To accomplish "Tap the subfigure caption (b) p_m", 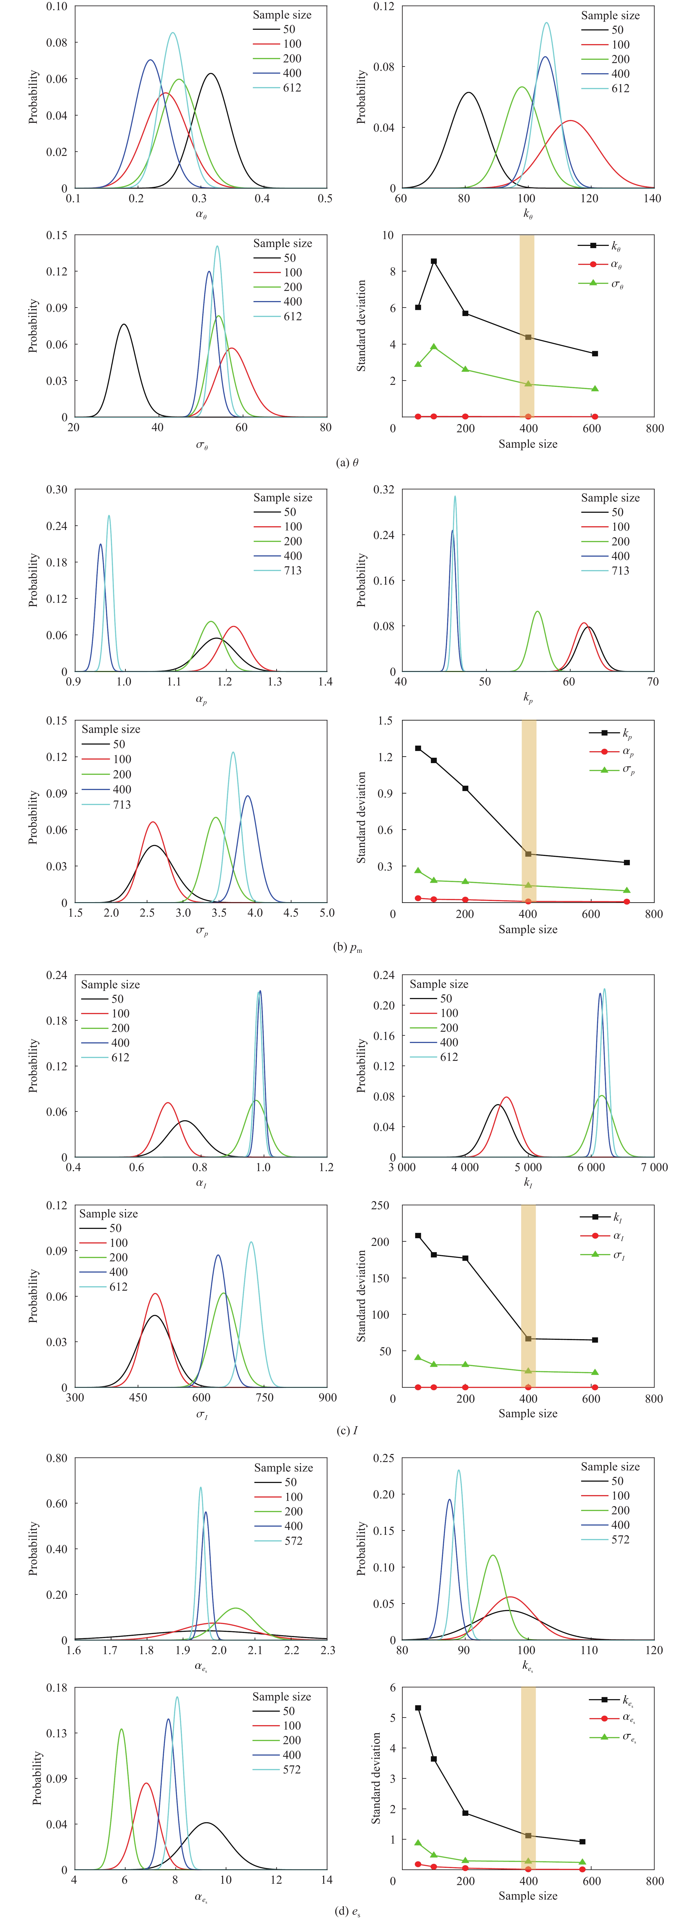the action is (348, 948).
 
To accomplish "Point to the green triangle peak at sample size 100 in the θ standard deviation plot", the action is (433, 347).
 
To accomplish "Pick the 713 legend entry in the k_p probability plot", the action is (620, 571).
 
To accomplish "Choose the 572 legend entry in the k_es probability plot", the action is (620, 1539).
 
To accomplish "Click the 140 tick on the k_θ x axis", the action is (652, 198).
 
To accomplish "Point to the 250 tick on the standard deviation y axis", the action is (380, 1205).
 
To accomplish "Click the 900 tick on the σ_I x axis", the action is (327, 1397).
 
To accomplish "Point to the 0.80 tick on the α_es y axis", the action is (56, 1458).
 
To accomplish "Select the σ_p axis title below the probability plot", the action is (201, 931).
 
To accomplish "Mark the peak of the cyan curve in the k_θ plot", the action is (547, 22).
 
